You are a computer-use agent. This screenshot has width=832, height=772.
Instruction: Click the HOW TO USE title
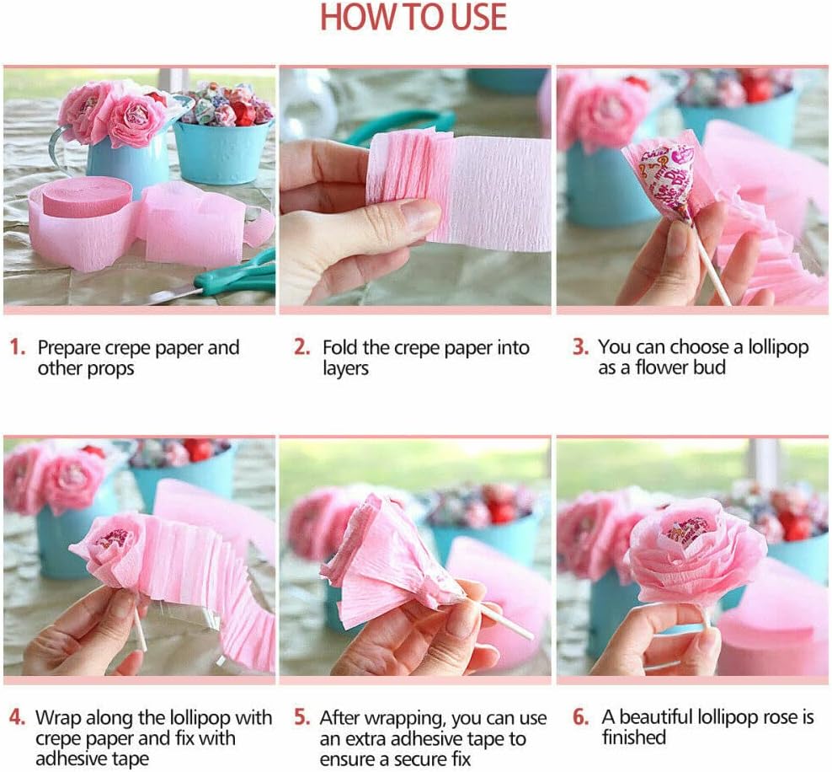coord(413,17)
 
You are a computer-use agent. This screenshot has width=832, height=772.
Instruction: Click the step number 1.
coord(17,347)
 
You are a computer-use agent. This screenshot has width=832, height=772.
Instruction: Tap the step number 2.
coord(302,347)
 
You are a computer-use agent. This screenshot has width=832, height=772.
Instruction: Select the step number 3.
coord(580,346)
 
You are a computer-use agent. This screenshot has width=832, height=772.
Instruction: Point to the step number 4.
coord(17,717)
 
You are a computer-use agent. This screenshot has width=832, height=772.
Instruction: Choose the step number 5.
coord(302,717)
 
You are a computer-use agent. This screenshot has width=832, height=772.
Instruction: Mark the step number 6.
coord(580,716)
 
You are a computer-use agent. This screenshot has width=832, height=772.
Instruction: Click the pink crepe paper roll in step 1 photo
coord(85,223)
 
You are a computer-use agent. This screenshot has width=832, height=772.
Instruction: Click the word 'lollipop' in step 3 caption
coord(778,347)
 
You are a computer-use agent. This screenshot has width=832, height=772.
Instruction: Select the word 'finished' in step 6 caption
coord(633,737)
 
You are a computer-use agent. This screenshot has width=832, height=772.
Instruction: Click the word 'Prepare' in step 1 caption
coord(68,348)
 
